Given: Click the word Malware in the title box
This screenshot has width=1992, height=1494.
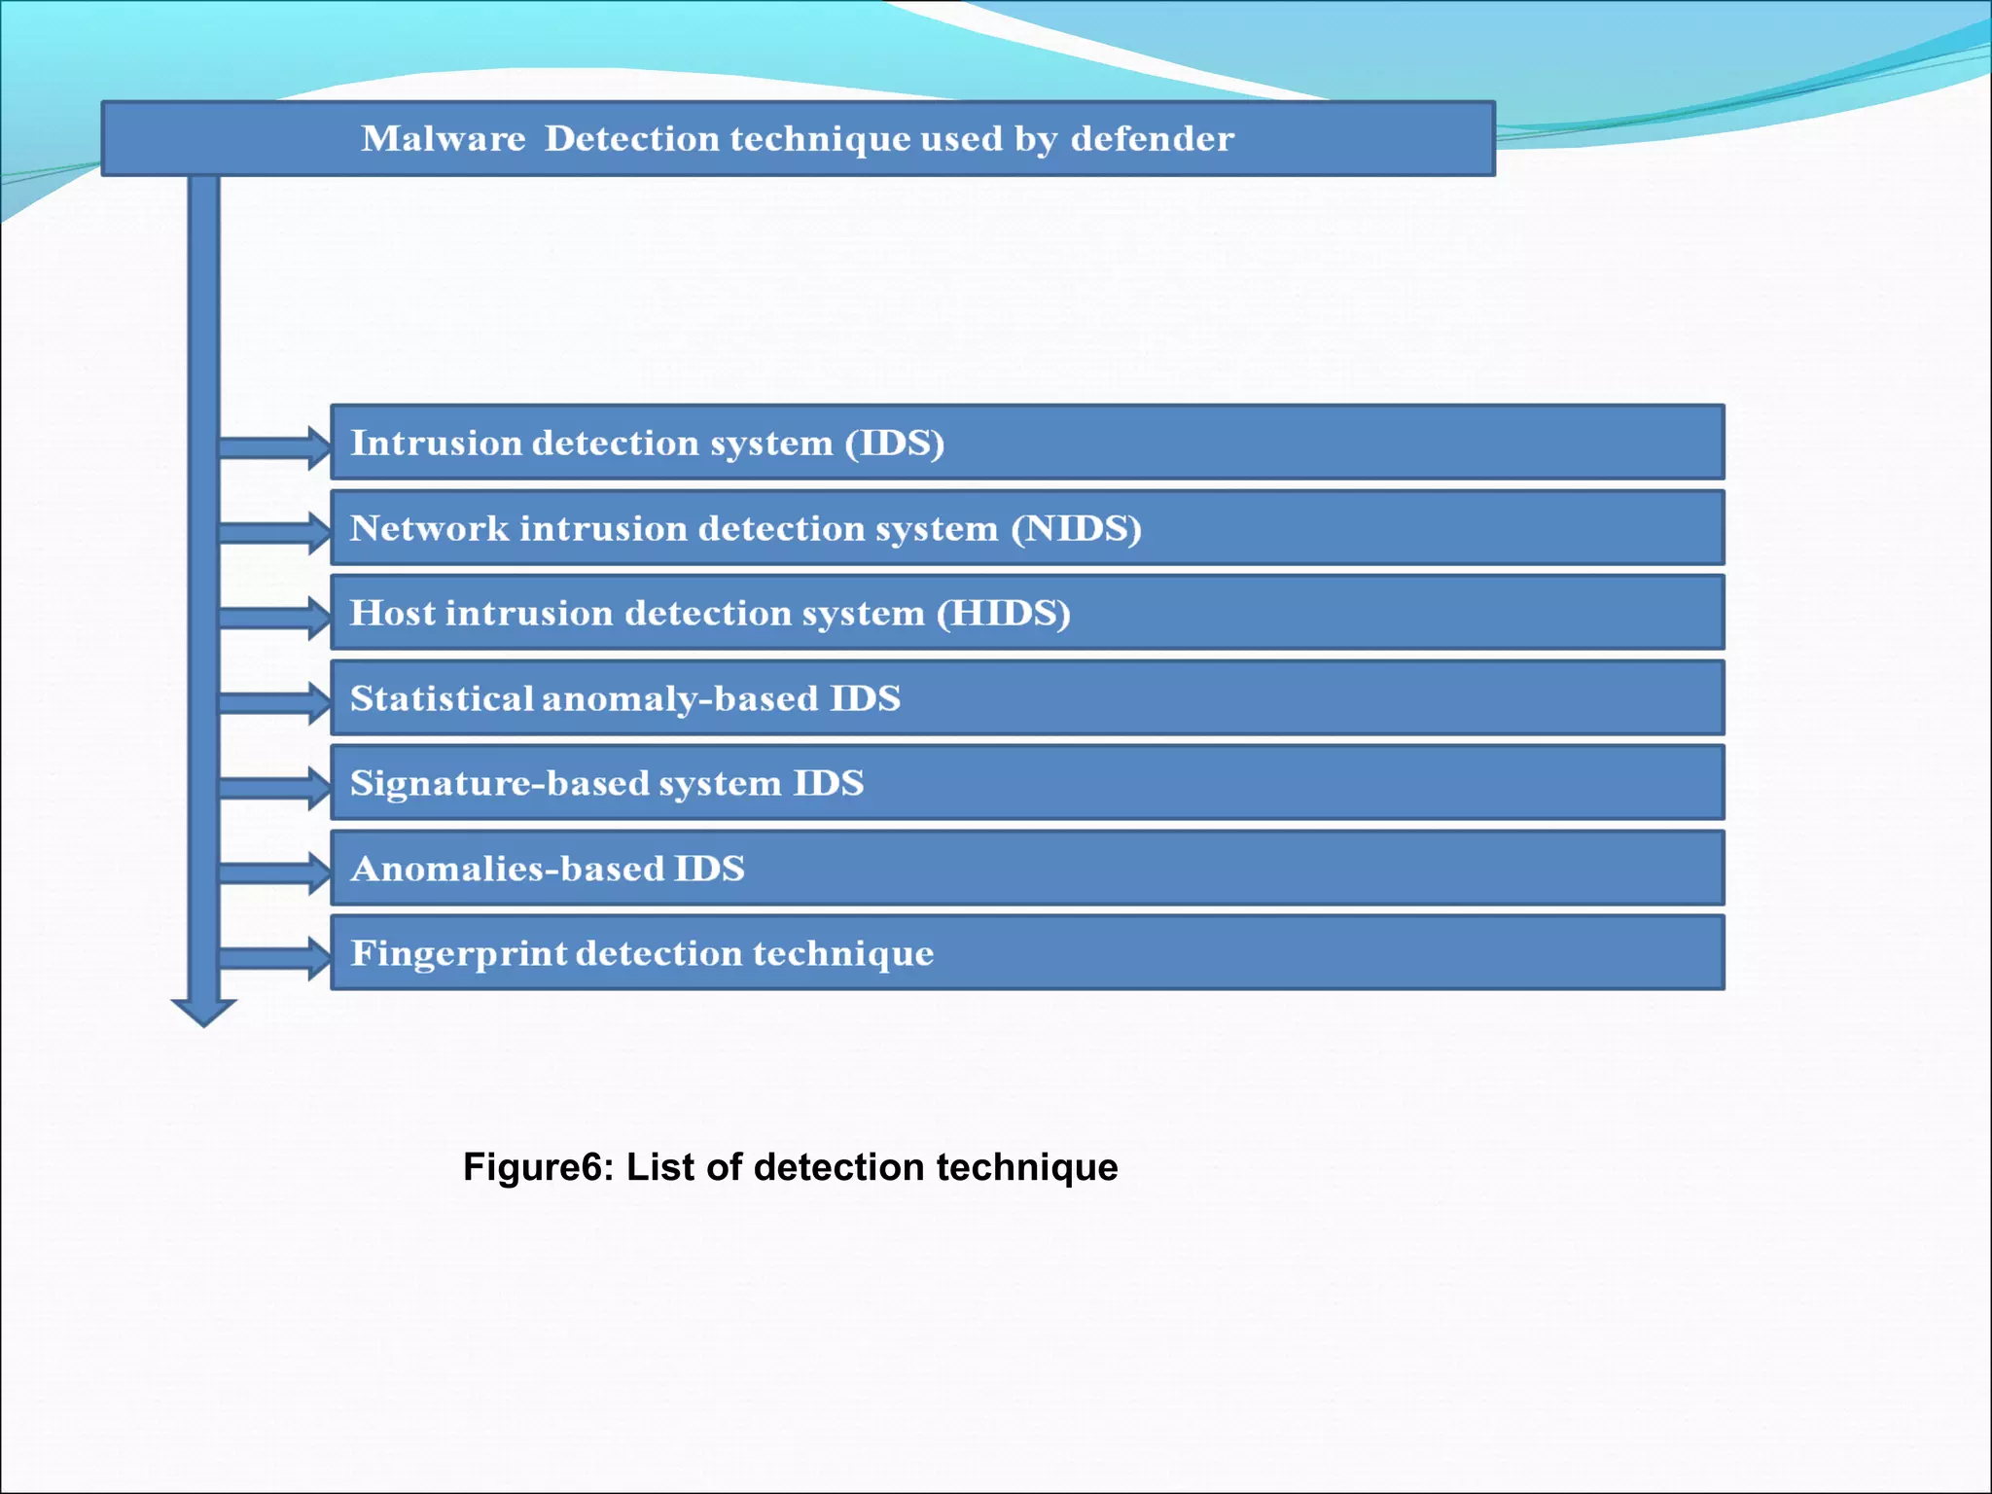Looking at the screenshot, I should pyautogui.click(x=443, y=139).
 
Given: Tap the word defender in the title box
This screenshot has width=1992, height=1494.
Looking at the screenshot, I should pyautogui.click(x=1152, y=139).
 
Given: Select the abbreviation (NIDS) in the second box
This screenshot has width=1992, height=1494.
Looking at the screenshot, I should pyautogui.click(x=1076, y=528).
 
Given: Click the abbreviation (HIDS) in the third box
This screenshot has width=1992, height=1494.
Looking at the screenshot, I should pyautogui.click(x=1003, y=613).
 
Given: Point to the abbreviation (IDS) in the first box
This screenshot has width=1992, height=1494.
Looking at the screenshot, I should pyautogui.click(x=894, y=444).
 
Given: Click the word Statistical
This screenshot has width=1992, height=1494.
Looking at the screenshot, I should pyautogui.click(x=442, y=698).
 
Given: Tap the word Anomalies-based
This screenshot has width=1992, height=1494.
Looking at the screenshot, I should pyautogui.click(x=506, y=869).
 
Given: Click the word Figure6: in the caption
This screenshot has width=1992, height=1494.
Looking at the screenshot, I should pyautogui.click(x=538, y=1167).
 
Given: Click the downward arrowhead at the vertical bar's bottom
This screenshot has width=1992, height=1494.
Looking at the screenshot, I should pyautogui.click(x=203, y=1012).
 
